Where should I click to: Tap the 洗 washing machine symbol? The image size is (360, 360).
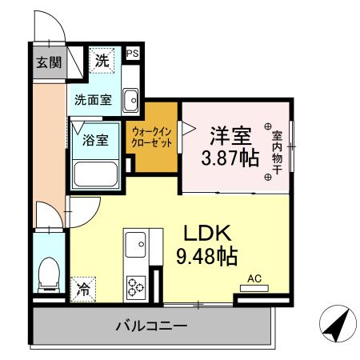click(102, 59)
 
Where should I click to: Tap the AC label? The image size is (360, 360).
click(254, 278)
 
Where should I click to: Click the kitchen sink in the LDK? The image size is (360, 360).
click(134, 241)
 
